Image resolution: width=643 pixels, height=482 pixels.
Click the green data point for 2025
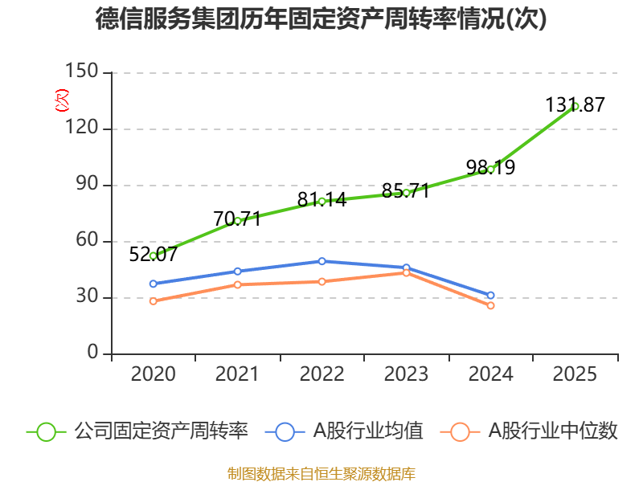[x=575, y=106]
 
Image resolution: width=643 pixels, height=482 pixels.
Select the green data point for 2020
[x=153, y=255]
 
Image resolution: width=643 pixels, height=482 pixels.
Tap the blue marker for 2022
[x=321, y=261]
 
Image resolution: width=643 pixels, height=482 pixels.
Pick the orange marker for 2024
[x=490, y=305]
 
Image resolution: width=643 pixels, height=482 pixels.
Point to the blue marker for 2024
[x=490, y=295]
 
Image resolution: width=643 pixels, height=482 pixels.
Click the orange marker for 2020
[x=153, y=301]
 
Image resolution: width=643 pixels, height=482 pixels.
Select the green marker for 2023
[x=406, y=193]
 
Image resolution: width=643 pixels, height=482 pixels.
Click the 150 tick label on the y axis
[x=84, y=72]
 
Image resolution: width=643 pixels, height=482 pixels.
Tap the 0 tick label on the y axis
[x=93, y=353]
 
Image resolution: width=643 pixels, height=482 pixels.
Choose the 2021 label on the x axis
[x=237, y=374]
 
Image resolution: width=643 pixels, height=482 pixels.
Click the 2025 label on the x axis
[x=575, y=374]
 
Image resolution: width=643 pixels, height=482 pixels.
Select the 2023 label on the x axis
[x=406, y=374]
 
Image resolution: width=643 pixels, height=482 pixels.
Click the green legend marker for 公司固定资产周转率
[x=46, y=431]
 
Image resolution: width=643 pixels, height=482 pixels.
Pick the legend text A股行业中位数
[x=554, y=431]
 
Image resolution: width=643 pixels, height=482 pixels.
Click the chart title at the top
[x=321, y=19]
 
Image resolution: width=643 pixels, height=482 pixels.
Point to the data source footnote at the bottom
[x=321, y=473]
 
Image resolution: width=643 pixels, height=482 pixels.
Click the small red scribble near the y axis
[x=62, y=100]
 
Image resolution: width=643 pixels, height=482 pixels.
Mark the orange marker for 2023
[x=406, y=273]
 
